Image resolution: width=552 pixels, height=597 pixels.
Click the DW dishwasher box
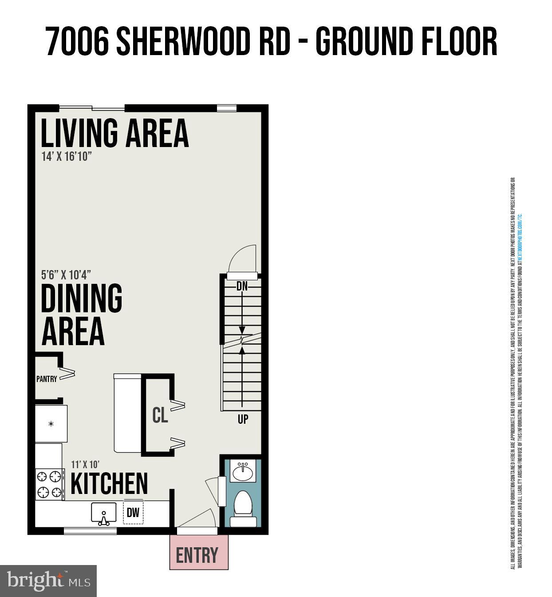pos(133,513)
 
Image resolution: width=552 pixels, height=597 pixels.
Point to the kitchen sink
pos(104,513)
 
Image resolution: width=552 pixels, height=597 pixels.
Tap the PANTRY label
pos(47,379)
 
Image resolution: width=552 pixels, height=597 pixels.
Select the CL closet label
pos(160,415)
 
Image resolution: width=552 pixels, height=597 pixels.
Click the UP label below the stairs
pos(243,419)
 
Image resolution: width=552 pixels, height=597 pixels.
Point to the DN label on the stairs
pos(242,286)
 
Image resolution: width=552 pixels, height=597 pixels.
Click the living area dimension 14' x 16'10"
pos(67,156)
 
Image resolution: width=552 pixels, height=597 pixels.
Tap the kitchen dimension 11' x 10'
pos(85,465)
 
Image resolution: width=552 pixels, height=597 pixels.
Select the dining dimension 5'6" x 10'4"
pos(66,275)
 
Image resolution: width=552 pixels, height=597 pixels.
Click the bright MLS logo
pos(48,581)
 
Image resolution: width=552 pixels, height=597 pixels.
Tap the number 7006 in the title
pos(77,41)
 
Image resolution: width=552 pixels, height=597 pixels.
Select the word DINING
pos(81,298)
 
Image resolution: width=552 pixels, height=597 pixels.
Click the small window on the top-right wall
pos(226,108)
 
